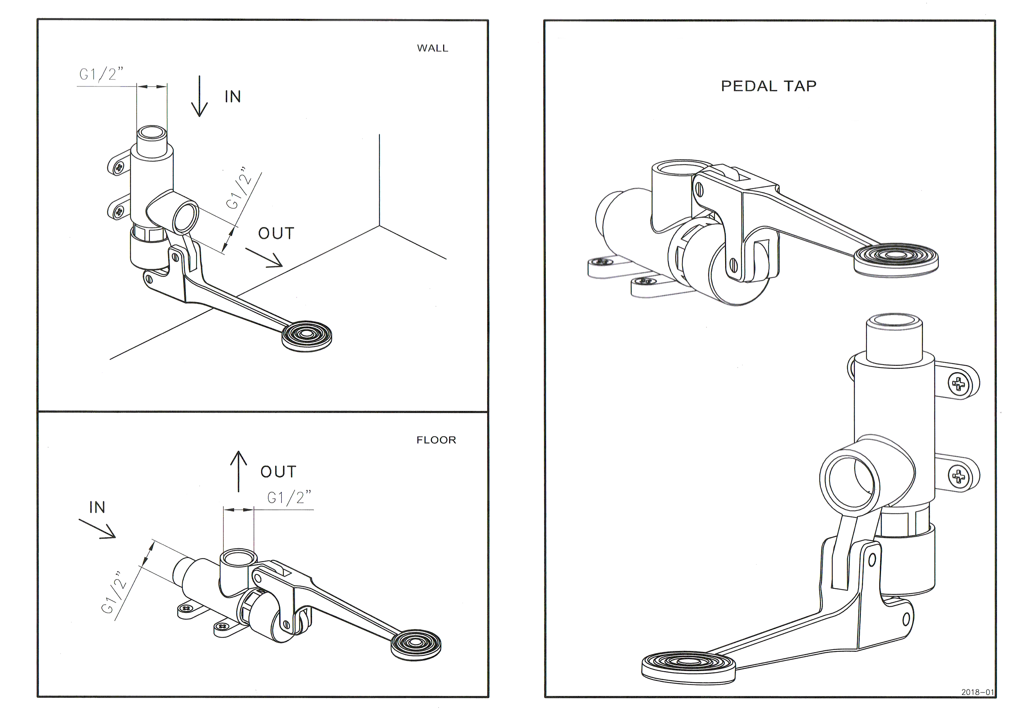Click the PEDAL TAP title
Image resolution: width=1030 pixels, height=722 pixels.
point(769,86)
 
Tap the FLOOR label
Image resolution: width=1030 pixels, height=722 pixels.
point(436,440)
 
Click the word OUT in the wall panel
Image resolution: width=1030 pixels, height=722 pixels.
point(276,234)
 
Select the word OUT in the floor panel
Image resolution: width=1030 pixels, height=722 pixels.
point(278,472)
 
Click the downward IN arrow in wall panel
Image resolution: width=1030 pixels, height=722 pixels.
point(199,97)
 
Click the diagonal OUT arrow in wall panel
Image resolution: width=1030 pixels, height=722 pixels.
point(264,258)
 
